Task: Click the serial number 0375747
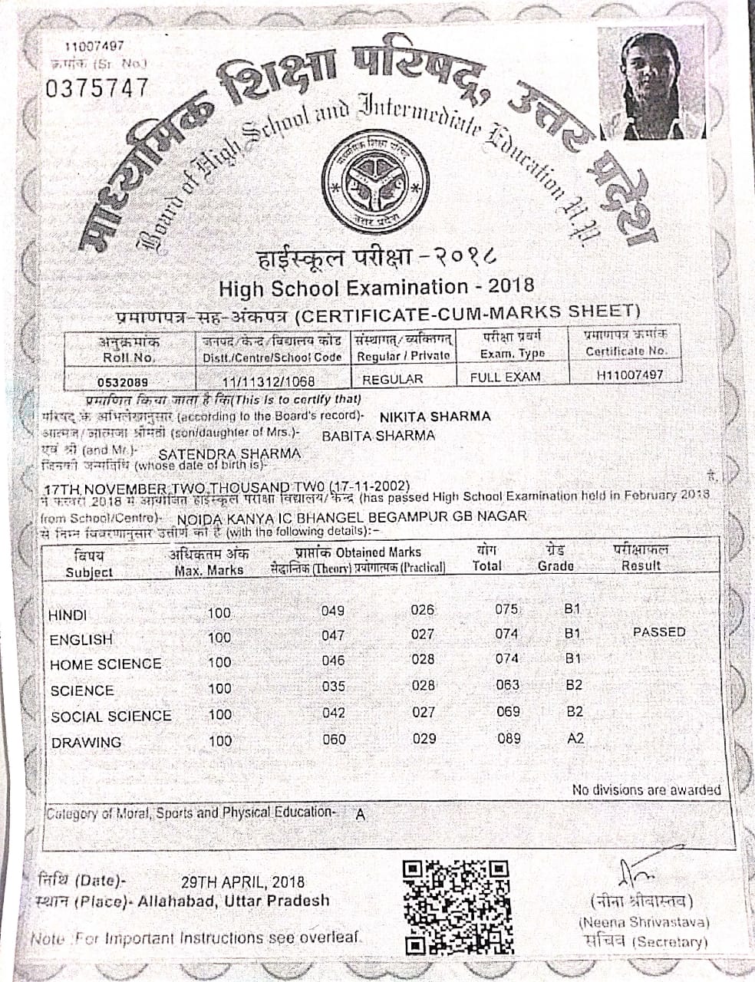tap(97, 88)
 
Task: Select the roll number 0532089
tap(123, 381)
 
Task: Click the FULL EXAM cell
tap(505, 377)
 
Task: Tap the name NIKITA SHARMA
tap(435, 417)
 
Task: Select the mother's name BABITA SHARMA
tap(377, 436)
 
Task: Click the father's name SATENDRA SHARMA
tap(229, 453)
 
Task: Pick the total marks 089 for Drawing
tap(508, 738)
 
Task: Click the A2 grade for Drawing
tap(575, 738)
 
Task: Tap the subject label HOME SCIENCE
tap(106, 664)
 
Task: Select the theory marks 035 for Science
tap(333, 686)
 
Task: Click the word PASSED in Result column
tap(659, 632)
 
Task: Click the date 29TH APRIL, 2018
tap(242, 882)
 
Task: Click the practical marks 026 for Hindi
tap(422, 610)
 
